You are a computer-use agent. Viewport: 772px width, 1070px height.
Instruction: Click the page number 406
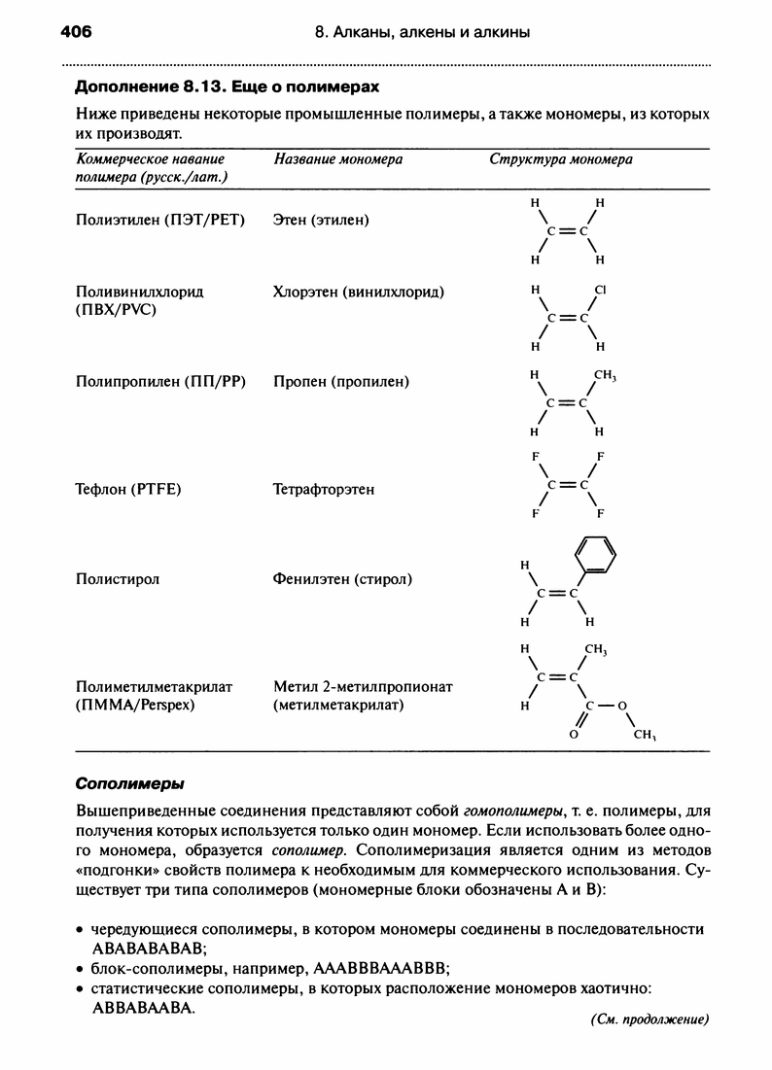click(x=75, y=32)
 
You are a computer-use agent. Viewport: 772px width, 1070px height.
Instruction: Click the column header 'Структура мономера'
click(x=561, y=159)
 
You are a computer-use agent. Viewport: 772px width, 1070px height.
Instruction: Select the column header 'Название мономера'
click(x=338, y=159)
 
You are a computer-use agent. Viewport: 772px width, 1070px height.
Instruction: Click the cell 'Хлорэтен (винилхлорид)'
click(x=360, y=292)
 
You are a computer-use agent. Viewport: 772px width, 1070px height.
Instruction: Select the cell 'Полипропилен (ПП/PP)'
click(x=160, y=382)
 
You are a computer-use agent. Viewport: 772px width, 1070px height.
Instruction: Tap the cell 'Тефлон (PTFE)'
click(x=128, y=490)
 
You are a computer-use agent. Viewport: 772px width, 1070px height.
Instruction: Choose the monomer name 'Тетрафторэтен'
click(x=324, y=490)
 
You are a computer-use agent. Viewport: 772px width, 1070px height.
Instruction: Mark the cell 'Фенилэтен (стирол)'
click(x=343, y=579)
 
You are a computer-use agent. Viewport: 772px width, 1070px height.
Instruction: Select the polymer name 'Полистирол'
click(x=118, y=579)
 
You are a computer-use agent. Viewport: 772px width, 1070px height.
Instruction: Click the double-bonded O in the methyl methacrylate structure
click(x=574, y=736)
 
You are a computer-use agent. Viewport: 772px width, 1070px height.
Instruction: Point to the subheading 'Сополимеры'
click(x=130, y=783)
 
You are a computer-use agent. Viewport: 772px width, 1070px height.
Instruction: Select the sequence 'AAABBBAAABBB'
click(x=379, y=968)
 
